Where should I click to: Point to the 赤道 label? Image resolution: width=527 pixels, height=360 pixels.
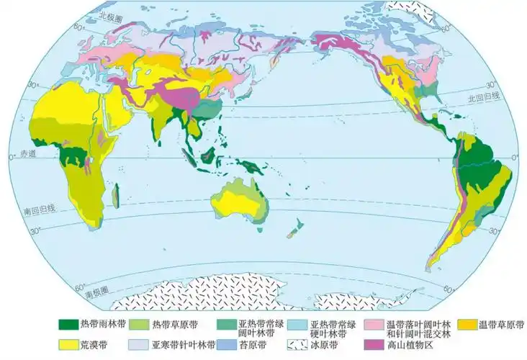tap(16, 156)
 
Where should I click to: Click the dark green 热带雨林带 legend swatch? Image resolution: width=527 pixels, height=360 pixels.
tap(72, 325)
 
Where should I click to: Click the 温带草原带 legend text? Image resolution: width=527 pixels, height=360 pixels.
tap(500, 325)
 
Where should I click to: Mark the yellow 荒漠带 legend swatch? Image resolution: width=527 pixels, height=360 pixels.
tap(72, 345)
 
